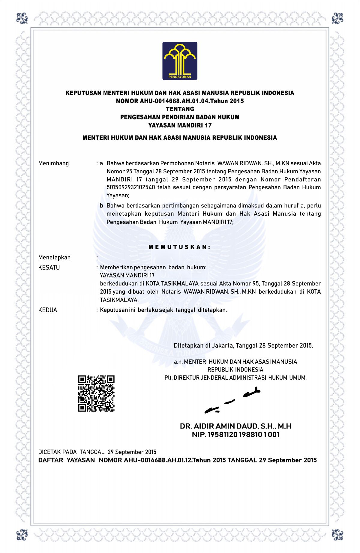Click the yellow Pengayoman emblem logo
tap(180, 61)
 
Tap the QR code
tap(96, 393)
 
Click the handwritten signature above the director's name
tap(232, 401)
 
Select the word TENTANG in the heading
tap(180, 109)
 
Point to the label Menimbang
tap(53, 163)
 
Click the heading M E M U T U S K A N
tap(180, 247)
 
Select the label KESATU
tap(49, 268)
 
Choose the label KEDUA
tap(47, 310)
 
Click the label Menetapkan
tap(54, 258)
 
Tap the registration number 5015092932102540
tap(131, 187)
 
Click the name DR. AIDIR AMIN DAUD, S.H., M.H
tap(235, 426)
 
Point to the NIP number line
tap(235, 435)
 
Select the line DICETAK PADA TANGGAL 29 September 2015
tap(97, 452)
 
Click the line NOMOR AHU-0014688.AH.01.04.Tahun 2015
tap(180, 101)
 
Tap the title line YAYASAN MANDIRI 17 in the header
tap(180, 125)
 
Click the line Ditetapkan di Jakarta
tap(243, 345)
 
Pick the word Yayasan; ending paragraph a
tap(118, 196)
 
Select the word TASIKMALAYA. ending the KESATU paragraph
tap(119, 300)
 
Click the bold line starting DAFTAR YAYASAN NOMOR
tap(177, 460)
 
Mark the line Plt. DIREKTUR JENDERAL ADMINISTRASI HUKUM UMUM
tap(235, 378)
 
